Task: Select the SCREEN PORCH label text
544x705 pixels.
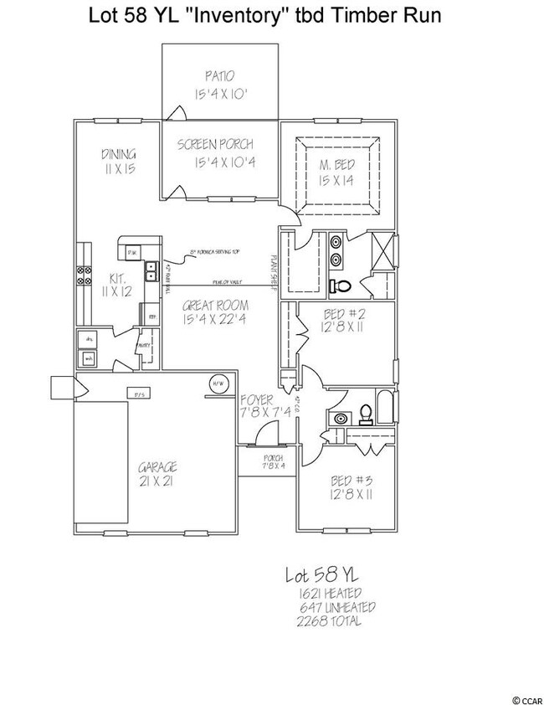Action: point(215,144)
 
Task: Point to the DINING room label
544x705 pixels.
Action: point(118,154)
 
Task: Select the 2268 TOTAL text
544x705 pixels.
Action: point(330,621)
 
